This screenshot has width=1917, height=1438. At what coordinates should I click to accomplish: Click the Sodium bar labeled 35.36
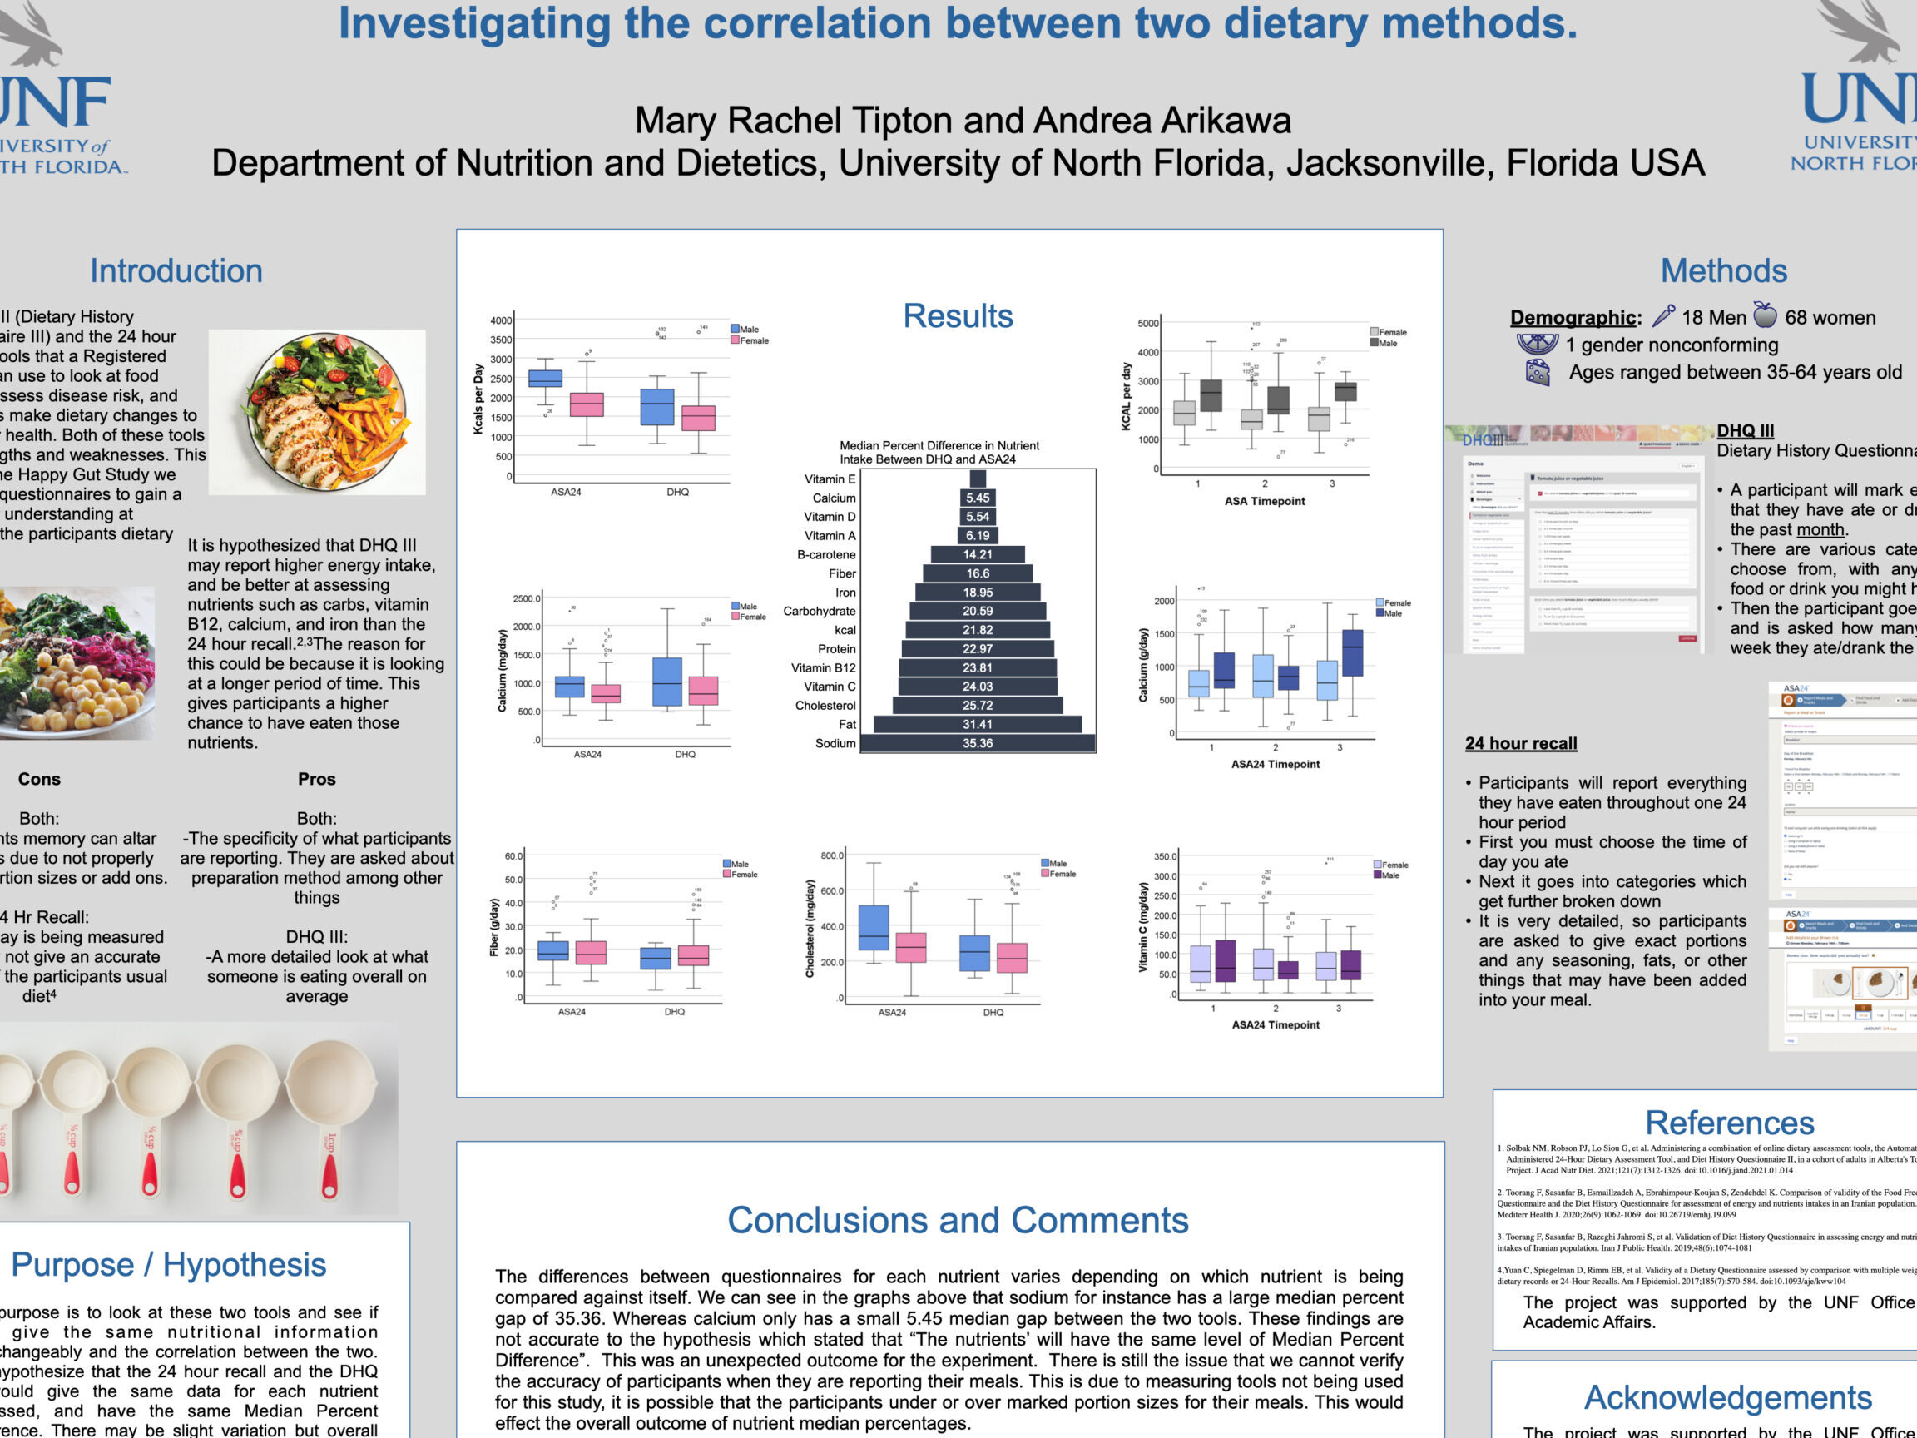pos(977,743)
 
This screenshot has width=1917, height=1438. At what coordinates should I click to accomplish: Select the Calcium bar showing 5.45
pos(977,498)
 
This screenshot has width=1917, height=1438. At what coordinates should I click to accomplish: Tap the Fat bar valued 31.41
pos(977,724)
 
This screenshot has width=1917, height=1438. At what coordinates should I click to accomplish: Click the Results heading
pos(958,315)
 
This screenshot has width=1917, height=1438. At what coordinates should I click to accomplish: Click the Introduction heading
pos(176,270)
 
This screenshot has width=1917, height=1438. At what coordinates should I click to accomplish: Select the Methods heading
pos(1723,270)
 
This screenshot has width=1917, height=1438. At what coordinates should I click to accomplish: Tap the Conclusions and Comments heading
pos(958,1220)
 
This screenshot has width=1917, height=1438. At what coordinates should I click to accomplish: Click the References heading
pos(1729,1123)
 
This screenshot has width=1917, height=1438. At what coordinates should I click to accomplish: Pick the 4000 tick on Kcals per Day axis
pos(501,320)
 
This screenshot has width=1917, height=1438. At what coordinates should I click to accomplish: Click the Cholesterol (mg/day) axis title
pos(810,929)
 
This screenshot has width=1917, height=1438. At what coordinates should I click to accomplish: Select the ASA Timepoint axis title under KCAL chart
pos(1265,501)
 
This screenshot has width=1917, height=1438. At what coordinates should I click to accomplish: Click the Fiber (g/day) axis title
pos(494,928)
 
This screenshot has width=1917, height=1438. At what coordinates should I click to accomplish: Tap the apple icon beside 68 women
pos(1765,315)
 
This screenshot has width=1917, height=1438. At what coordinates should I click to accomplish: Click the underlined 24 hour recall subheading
pos(1521,743)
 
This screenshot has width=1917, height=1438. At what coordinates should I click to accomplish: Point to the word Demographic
pos(1573,318)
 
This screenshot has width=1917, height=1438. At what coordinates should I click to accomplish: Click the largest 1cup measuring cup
pos(329,1118)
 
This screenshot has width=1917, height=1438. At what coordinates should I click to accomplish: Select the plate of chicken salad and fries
pos(317,412)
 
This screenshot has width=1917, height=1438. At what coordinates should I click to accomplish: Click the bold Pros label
pos(316,778)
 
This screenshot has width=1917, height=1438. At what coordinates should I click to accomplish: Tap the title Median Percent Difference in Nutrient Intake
pos(939,452)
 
